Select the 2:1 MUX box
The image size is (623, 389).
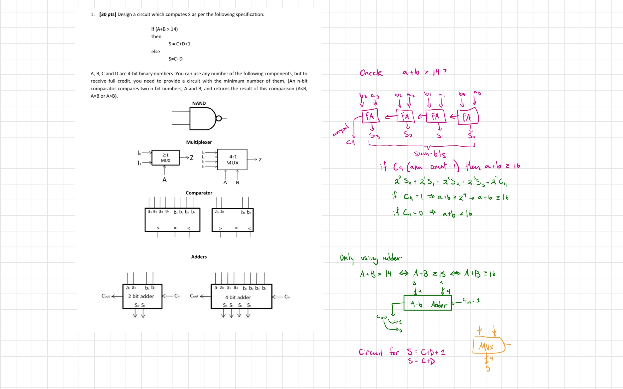(x=165, y=158)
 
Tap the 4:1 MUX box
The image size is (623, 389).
(x=232, y=159)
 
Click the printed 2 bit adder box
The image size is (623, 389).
(x=142, y=296)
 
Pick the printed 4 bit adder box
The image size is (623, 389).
(x=241, y=297)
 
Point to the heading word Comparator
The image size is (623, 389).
(x=199, y=193)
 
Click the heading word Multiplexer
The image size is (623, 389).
(x=199, y=142)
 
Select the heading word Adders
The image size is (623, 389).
(x=199, y=257)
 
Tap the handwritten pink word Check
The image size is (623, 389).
(x=371, y=73)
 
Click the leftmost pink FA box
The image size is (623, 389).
(x=370, y=116)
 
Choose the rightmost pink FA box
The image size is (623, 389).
(x=468, y=117)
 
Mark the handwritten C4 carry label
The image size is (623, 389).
(x=350, y=142)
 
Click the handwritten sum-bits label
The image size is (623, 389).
(x=430, y=154)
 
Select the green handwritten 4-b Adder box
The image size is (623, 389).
(x=427, y=303)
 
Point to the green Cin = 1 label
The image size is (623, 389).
(x=472, y=301)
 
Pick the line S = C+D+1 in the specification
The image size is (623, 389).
(x=179, y=44)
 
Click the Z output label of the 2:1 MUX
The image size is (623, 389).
(x=192, y=158)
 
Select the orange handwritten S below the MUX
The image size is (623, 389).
(x=488, y=368)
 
